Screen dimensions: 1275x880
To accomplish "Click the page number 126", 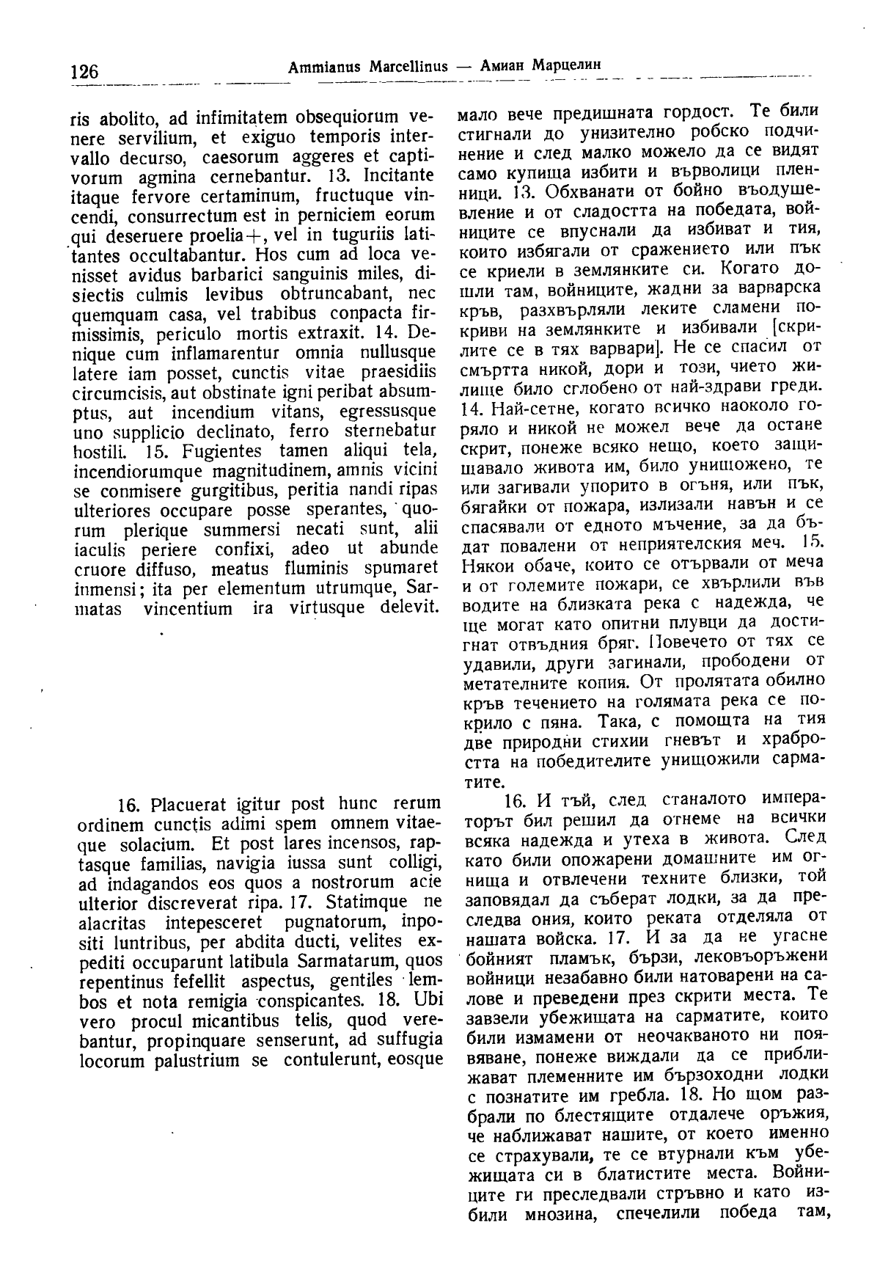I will (x=84, y=72).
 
